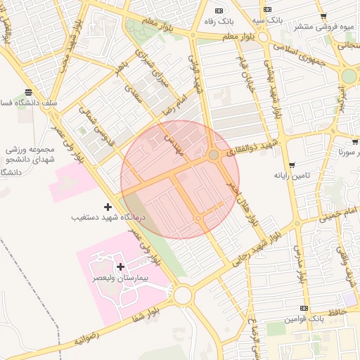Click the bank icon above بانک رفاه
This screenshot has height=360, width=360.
219,10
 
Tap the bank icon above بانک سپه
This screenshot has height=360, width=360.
267,9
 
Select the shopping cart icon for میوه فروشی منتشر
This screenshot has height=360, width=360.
323,16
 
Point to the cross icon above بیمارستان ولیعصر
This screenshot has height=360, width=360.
121,266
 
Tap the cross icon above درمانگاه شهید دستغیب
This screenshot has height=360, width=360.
107,207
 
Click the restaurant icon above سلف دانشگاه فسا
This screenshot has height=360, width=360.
28,92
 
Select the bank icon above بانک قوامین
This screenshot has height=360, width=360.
304,308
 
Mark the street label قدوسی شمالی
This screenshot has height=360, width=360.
89,122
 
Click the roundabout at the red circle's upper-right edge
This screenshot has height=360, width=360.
213,155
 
